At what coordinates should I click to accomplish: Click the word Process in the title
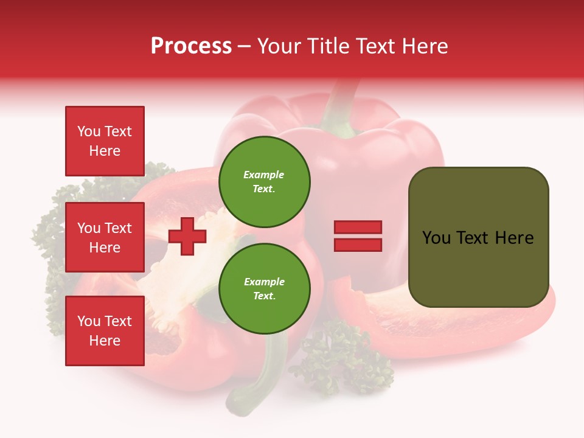pos(191,46)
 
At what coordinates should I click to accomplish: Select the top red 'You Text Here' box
pos(105,141)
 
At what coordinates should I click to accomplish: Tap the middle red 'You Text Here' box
pos(105,237)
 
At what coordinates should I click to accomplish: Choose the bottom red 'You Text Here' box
pos(105,331)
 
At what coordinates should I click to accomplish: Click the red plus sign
pos(187,236)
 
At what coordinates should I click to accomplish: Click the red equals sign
pos(358,236)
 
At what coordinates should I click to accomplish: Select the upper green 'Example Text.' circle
pos(264,181)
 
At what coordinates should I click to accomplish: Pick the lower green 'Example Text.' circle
pos(264,288)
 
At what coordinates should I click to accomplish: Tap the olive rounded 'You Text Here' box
pos(478,237)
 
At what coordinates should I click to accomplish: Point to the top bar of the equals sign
pos(358,228)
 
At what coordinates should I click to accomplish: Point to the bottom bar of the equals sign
pos(358,245)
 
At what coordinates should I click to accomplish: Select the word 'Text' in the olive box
pos(473,237)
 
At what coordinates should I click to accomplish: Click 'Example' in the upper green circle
pos(263,175)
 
